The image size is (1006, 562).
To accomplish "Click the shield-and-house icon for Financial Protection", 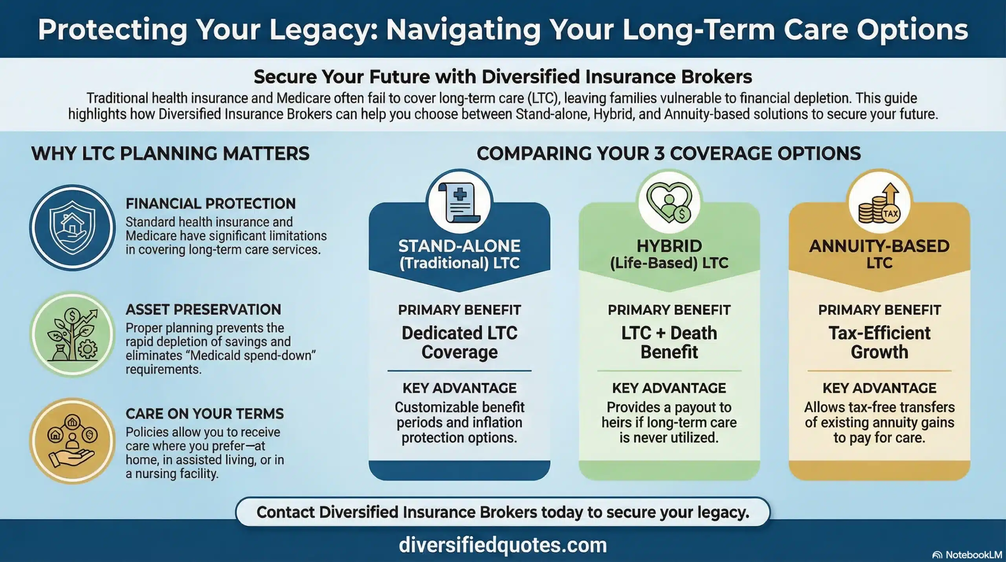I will point(72,228).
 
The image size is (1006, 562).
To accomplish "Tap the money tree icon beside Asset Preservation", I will point(72,334).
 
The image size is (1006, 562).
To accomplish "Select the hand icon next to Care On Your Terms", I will point(72,441).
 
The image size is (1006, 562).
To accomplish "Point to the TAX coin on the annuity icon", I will point(890,214).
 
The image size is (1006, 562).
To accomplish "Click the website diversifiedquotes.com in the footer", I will point(503,545).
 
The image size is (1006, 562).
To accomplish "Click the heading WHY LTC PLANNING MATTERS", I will point(170,153).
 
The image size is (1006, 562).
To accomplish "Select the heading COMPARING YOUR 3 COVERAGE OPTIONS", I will point(668,153).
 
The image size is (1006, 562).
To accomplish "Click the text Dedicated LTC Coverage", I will point(459,342).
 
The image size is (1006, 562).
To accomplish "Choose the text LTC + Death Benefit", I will point(669,342).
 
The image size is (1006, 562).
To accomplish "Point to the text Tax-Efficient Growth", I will point(879,342).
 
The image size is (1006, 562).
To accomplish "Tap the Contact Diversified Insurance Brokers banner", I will point(503,512).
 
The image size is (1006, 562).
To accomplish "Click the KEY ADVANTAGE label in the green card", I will point(669,388).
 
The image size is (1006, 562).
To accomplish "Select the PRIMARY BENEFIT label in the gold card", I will point(879,310).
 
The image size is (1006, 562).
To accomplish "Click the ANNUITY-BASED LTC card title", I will point(879,254).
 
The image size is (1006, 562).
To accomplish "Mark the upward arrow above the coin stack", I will point(890,193).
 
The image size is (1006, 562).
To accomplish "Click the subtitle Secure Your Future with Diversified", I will point(503,77).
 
